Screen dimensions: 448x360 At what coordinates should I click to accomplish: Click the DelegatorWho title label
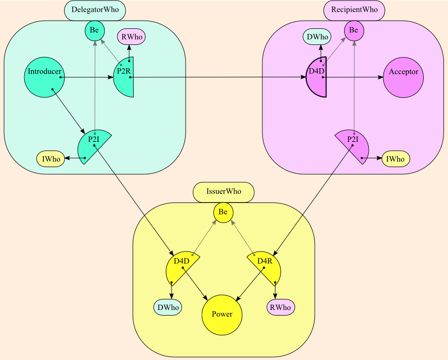pos(95,10)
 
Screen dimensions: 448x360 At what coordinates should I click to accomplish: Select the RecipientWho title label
pos(354,10)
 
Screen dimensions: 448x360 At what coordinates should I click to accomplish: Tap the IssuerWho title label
pos(223,192)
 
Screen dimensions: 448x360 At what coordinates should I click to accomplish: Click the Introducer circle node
pos(44,77)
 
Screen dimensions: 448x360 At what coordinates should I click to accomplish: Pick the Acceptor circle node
pos(403,77)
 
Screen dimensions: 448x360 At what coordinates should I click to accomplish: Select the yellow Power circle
pos(222,315)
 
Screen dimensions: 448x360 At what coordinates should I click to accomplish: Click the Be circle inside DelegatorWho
pos(95,31)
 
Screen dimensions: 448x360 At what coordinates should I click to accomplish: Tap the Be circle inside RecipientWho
pos(354,31)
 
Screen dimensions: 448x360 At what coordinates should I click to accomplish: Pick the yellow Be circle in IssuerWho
pos(223,213)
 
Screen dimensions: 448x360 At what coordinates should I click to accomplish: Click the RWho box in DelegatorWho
pos(132,37)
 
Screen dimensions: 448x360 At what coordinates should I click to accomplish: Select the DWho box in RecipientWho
pos(317,37)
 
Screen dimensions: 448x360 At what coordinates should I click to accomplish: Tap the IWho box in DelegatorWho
pos(51,159)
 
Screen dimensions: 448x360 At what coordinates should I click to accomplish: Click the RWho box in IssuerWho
pos(281,307)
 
